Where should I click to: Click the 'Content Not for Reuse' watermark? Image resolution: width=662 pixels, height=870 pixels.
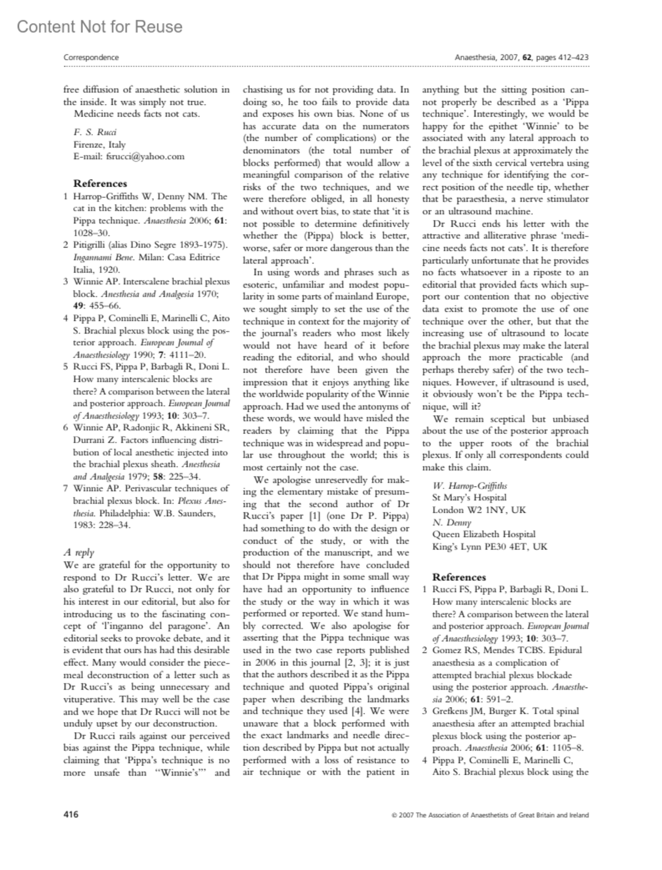[x=99, y=26]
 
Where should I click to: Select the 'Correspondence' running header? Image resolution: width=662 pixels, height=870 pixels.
[x=91, y=57]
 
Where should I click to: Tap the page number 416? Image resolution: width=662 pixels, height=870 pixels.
[x=71, y=814]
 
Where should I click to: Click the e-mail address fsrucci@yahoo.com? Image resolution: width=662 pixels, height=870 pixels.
[x=129, y=156]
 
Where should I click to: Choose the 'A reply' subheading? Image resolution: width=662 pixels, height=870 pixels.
[x=79, y=552]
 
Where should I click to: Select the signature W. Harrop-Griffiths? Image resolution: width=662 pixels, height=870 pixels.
[x=469, y=485]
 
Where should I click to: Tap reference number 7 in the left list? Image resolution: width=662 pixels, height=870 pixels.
[x=66, y=488]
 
